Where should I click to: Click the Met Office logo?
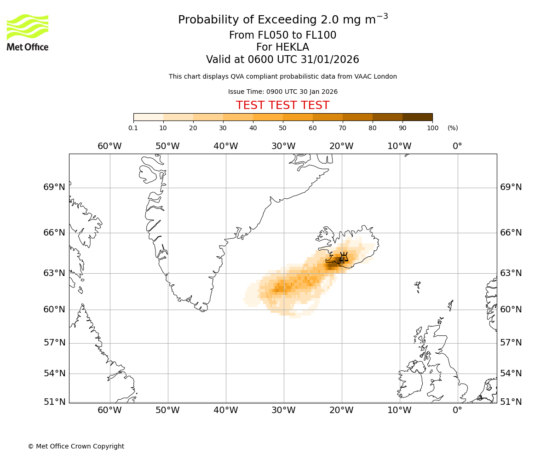28,32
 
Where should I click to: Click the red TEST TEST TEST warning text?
282,105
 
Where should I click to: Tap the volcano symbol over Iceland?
344,257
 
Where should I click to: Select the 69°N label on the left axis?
54,187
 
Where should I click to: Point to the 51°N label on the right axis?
511,402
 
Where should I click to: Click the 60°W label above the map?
109,146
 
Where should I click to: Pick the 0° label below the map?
457,410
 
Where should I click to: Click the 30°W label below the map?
283,410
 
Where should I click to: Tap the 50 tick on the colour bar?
282,128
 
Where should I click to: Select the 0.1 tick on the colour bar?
133,128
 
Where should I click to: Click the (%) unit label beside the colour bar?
453,128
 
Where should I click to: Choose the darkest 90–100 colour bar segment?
417,117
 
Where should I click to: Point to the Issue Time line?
282,92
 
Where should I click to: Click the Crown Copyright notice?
76,446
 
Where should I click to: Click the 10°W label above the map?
399,146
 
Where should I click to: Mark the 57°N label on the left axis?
54,343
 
